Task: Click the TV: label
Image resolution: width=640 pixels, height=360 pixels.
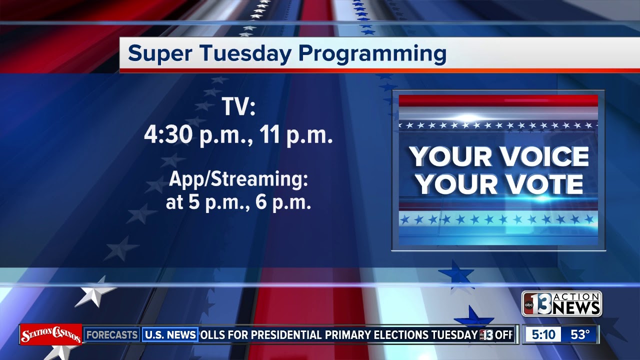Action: tap(238, 107)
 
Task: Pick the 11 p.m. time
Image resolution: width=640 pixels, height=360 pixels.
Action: tap(296, 135)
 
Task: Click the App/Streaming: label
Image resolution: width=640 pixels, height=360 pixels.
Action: tap(238, 179)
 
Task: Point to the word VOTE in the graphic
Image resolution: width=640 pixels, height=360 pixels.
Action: tap(542, 185)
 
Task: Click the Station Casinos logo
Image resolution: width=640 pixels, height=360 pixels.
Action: tap(50, 334)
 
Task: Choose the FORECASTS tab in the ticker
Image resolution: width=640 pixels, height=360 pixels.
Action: tap(111, 334)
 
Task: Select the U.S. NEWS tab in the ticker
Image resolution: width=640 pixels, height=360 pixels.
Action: tap(170, 334)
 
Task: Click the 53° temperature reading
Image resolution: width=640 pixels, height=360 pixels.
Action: tap(580, 334)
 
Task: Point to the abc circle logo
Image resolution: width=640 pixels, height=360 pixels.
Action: tap(528, 304)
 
